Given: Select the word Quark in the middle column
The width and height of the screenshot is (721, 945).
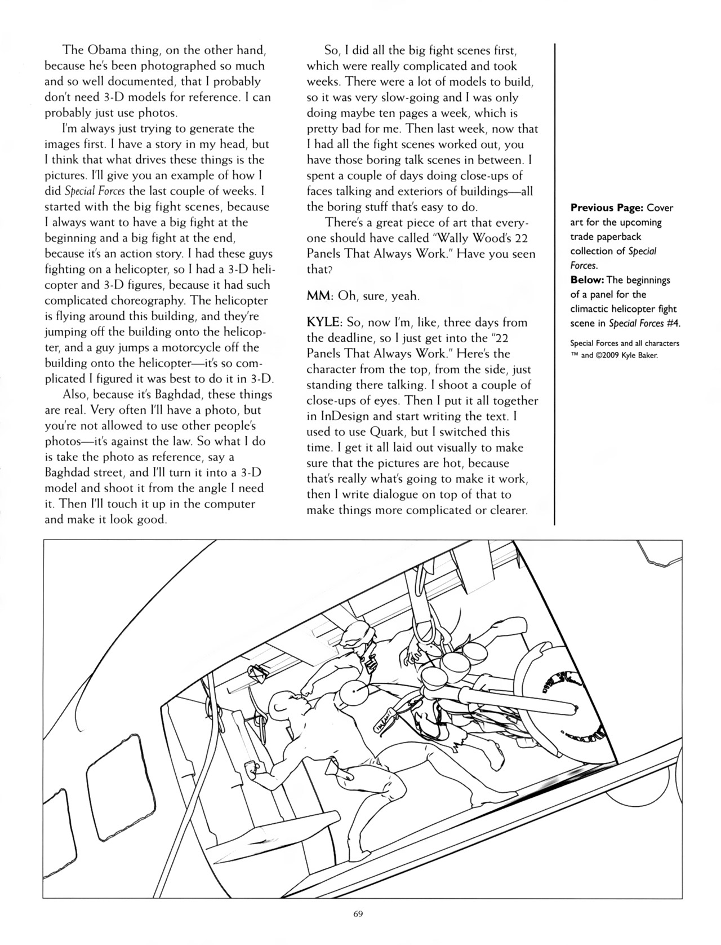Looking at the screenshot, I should (388, 432).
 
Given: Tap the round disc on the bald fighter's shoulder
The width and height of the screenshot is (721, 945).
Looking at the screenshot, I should (353, 691).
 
